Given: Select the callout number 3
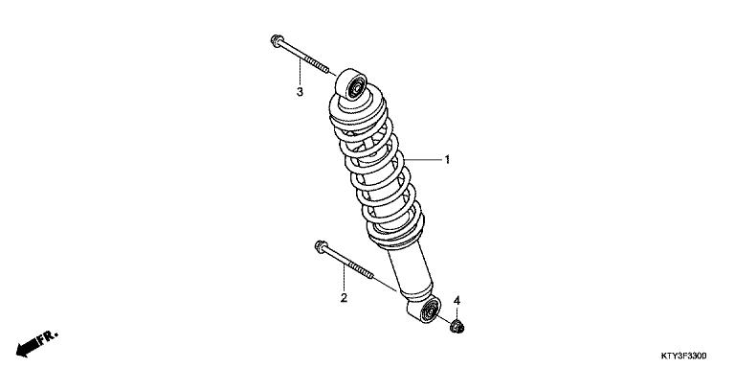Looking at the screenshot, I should (300, 92).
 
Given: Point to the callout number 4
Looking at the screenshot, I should (457, 301).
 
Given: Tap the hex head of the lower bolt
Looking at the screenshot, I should (319, 247).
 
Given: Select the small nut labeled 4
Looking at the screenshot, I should (457, 331).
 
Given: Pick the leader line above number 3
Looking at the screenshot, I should (300, 72).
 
